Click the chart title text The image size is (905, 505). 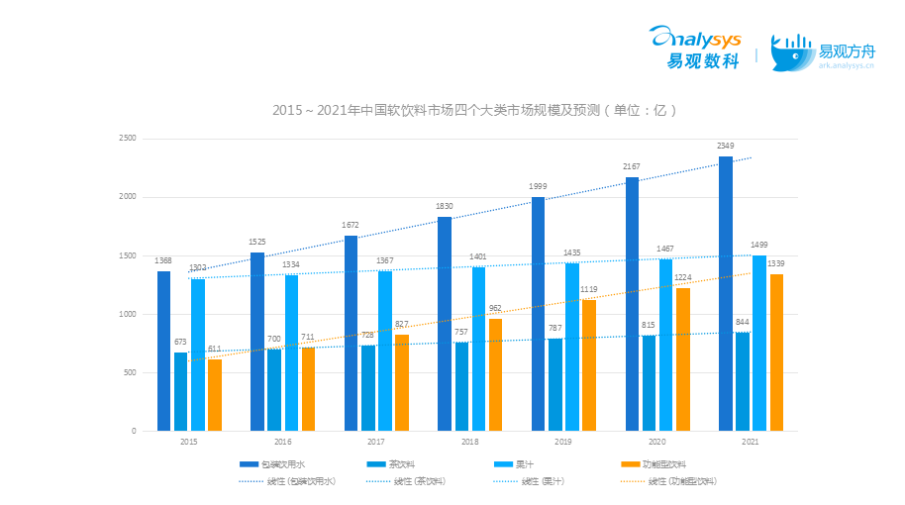point(474,110)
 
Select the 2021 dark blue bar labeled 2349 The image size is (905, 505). point(726,293)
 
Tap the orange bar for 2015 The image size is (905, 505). point(215,395)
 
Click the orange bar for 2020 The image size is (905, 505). point(683,359)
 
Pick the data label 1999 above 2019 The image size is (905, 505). point(538,187)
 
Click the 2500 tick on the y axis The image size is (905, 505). point(127,139)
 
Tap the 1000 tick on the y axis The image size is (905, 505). point(127,315)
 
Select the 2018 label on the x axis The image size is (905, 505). point(469,442)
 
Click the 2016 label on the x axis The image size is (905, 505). point(282,442)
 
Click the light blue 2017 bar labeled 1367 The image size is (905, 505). point(384,351)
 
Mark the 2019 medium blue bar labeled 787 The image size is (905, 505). point(555,384)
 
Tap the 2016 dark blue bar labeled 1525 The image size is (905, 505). point(257,342)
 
